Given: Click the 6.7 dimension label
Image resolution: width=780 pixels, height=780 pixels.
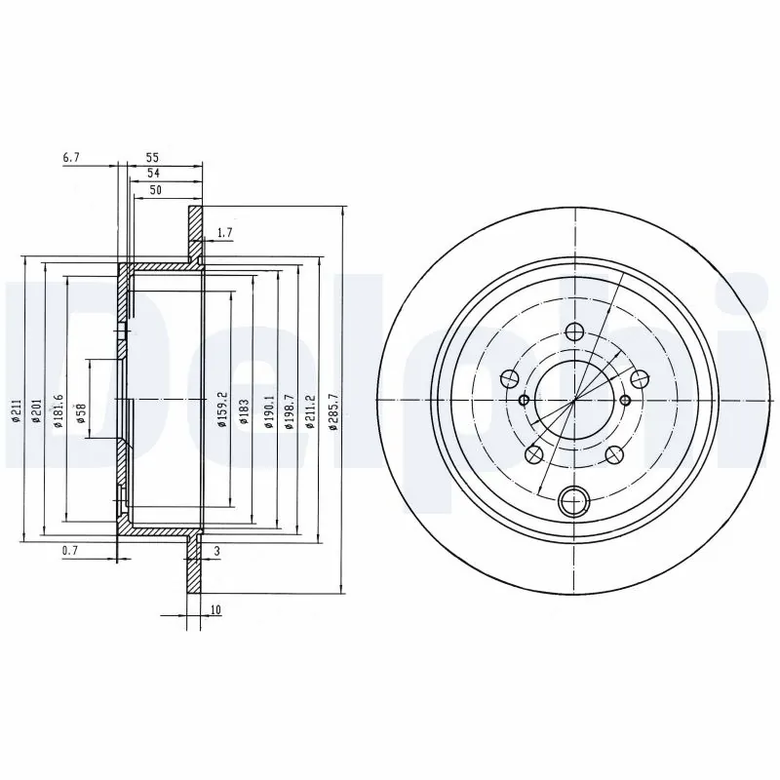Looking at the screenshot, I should pyautogui.click(x=70, y=156).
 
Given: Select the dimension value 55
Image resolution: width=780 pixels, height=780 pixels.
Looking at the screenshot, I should pyautogui.click(x=152, y=156).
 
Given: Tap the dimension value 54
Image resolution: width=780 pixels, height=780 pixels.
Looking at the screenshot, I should pyautogui.click(x=152, y=173).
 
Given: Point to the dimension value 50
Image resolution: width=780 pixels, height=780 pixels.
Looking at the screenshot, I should pyautogui.click(x=155, y=190).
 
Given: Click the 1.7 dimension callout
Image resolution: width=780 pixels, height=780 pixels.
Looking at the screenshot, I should pyautogui.click(x=225, y=232).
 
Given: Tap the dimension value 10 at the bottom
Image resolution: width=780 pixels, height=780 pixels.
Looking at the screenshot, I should pyautogui.click(x=214, y=610).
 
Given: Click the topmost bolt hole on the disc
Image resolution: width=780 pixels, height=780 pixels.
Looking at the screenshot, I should pyautogui.click(x=574, y=331).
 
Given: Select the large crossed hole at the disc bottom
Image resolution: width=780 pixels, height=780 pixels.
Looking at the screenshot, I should pyautogui.click(x=574, y=501).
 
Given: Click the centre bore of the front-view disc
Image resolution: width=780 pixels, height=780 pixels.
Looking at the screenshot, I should pyautogui.click(x=574, y=400).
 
